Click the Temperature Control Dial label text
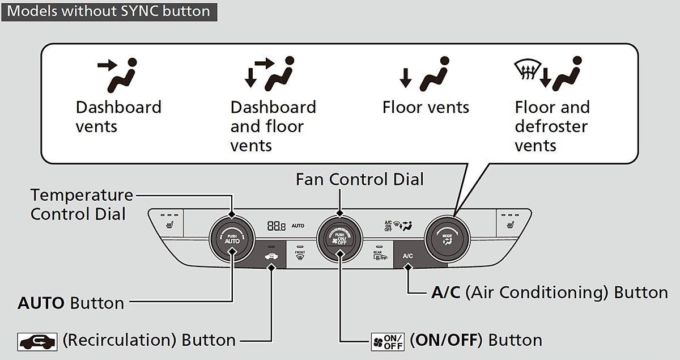(82, 205)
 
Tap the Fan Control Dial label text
(360, 180)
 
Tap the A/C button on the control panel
(408, 256)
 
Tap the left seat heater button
(168, 223)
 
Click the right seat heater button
(511, 223)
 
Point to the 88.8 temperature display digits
(277, 226)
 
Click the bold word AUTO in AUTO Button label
(41, 303)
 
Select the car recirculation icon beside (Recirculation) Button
(38, 341)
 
